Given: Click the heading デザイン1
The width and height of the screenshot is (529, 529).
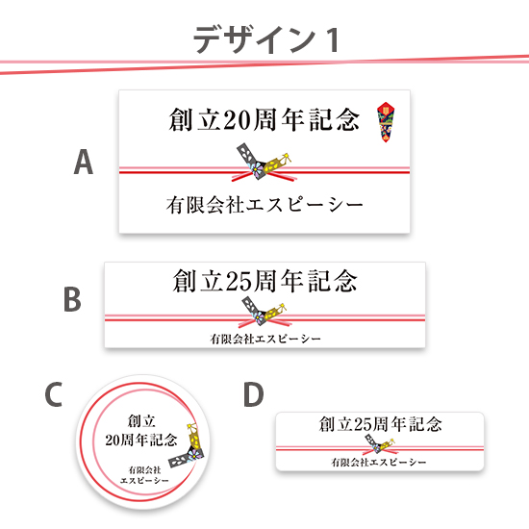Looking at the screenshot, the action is [x=266, y=39].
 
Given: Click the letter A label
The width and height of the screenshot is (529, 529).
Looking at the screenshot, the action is [x=84, y=162].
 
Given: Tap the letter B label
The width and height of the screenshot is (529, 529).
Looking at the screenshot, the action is [x=72, y=299].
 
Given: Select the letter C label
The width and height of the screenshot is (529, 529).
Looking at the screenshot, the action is [x=54, y=394].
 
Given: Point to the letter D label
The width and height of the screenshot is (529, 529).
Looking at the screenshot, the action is [x=254, y=394].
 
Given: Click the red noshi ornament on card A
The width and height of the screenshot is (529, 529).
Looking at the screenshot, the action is [x=386, y=122].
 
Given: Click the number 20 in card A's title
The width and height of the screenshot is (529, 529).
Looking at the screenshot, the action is [x=238, y=120].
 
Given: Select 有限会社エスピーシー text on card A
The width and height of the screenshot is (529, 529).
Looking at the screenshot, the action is [x=264, y=205].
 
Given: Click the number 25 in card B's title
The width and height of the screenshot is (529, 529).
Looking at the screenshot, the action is [x=239, y=282].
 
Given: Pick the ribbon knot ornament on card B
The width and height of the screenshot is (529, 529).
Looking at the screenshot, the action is [x=264, y=311].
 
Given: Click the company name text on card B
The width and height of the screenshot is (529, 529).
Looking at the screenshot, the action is [x=265, y=339].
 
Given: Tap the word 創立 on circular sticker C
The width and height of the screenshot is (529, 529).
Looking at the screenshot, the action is [x=141, y=421].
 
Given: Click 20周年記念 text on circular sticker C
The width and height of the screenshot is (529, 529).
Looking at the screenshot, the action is [x=141, y=440].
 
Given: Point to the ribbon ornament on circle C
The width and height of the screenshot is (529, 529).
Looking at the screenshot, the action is [x=188, y=445].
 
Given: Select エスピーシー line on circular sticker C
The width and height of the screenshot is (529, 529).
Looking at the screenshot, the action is [x=144, y=480].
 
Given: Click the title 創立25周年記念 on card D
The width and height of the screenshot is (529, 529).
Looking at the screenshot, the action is [x=380, y=424].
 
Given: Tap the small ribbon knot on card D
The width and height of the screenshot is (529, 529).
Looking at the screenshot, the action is [x=380, y=444].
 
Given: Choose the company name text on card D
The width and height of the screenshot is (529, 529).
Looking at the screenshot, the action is [x=379, y=463].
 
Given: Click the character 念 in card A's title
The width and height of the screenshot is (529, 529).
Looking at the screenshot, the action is [x=347, y=120].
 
